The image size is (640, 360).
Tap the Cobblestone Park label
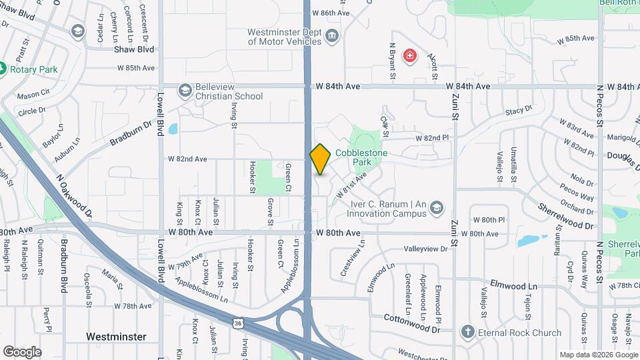coord(361,157)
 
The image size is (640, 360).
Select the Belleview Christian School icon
coord(185,90)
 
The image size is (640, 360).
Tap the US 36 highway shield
coord(237,323)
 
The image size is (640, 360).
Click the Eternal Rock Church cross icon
coord(468,332)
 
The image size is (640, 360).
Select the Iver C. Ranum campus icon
coord(436,208)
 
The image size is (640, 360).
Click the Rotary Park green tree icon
coord(3,69)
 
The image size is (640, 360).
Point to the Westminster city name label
coord(116,337)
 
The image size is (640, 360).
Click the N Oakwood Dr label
coord(74,196)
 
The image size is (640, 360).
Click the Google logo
coord(22,351)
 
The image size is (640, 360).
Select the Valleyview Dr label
coord(426,249)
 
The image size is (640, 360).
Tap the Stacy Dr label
coord(519,109)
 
